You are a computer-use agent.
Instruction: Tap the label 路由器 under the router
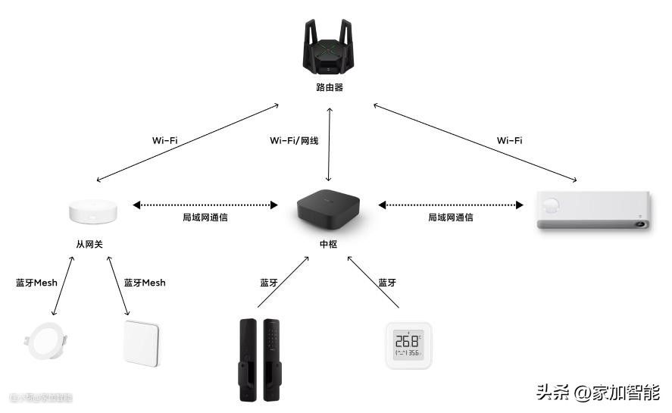[330, 87]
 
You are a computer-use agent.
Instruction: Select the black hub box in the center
[329, 209]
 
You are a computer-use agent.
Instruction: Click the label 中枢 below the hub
[329, 244]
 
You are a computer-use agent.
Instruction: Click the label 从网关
[89, 244]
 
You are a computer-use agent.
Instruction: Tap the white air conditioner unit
[592, 211]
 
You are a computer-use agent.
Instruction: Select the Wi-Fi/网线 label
[294, 140]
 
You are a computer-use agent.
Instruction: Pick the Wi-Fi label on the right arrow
[509, 140]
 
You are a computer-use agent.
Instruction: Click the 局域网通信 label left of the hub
[205, 217]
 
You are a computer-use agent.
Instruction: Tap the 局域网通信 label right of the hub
[451, 217]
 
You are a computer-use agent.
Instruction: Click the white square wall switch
[143, 343]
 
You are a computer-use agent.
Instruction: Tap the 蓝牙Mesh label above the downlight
[36, 283]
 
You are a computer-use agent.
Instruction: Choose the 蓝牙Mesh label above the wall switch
[144, 283]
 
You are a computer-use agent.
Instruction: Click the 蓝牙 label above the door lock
[269, 283]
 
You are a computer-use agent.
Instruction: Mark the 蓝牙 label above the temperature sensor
[387, 283]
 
